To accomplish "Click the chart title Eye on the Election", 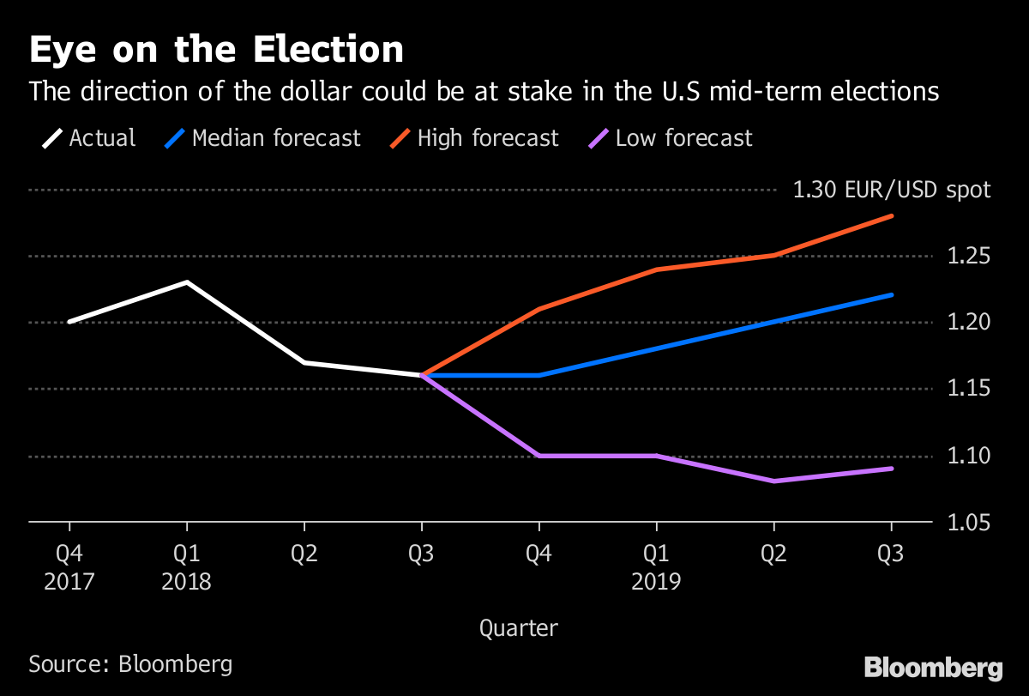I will coord(216,51).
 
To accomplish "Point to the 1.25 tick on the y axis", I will coord(967,257).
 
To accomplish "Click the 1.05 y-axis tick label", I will coord(967,523).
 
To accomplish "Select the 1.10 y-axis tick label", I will coord(967,456).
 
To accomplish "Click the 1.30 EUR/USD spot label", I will coord(892,190).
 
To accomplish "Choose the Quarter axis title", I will coord(518,628).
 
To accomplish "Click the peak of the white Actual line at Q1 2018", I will coord(187,282).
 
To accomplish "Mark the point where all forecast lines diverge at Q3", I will coord(422,375).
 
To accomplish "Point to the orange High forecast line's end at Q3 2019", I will coord(892,216).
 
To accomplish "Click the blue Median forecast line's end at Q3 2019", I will coord(892,295).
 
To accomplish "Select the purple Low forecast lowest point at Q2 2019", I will coord(774,481).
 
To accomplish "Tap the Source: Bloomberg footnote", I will coord(130,663).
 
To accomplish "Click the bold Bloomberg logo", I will coord(933,668).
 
